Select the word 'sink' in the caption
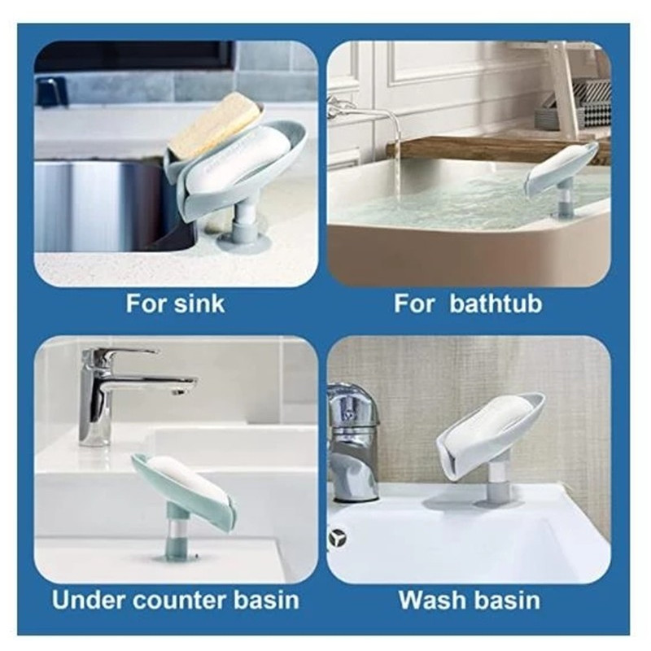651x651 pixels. coord(199,304)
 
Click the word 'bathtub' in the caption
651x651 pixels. coord(496,304)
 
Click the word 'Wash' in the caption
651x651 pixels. coord(431,600)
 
